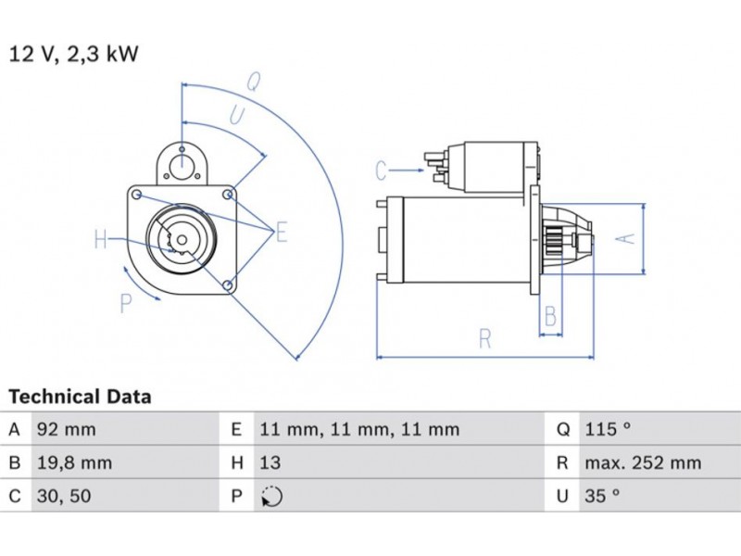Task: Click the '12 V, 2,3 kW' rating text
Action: click(x=73, y=54)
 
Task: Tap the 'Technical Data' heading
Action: click(x=80, y=397)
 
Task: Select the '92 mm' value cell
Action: click(x=66, y=430)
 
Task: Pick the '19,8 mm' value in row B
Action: click(x=73, y=462)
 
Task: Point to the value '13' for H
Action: click(x=270, y=462)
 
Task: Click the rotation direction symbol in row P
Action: click(x=270, y=497)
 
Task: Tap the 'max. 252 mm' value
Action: click(x=642, y=462)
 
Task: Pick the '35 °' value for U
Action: click(x=601, y=496)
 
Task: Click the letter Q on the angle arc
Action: click(x=251, y=82)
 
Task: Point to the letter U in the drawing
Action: click(x=236, y=116)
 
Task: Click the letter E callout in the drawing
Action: click(x=281, y=232)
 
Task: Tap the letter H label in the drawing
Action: click(x=101, y=241)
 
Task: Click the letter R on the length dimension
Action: click(x=484, y=338)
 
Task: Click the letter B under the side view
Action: click(x=550, y=316)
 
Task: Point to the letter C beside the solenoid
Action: click(x=381, y=171)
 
